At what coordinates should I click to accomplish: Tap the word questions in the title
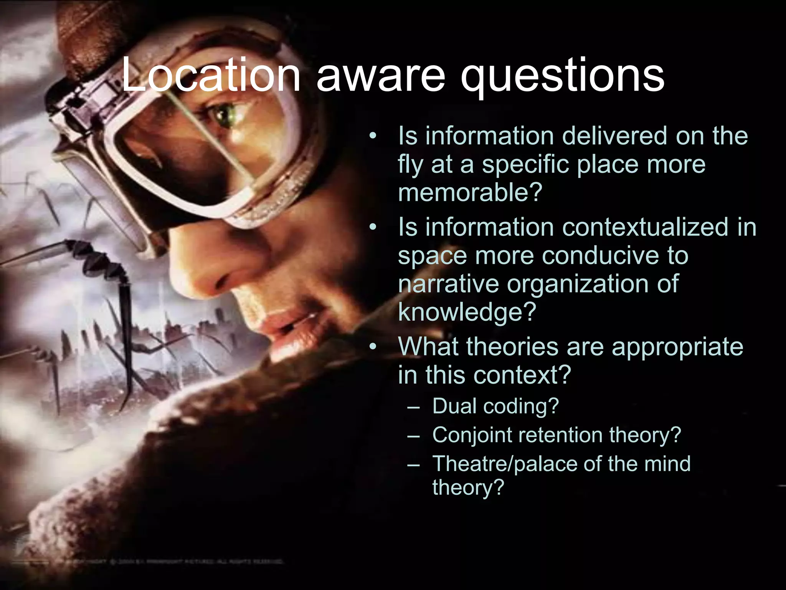[562, 77]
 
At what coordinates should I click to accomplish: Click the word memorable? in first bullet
[470, 192]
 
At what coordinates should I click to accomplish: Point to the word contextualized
[645, 227]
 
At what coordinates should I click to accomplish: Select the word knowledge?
[467, 312]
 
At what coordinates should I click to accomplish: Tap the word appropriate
[677, 347]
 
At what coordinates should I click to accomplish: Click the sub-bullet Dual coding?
[495, 406]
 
